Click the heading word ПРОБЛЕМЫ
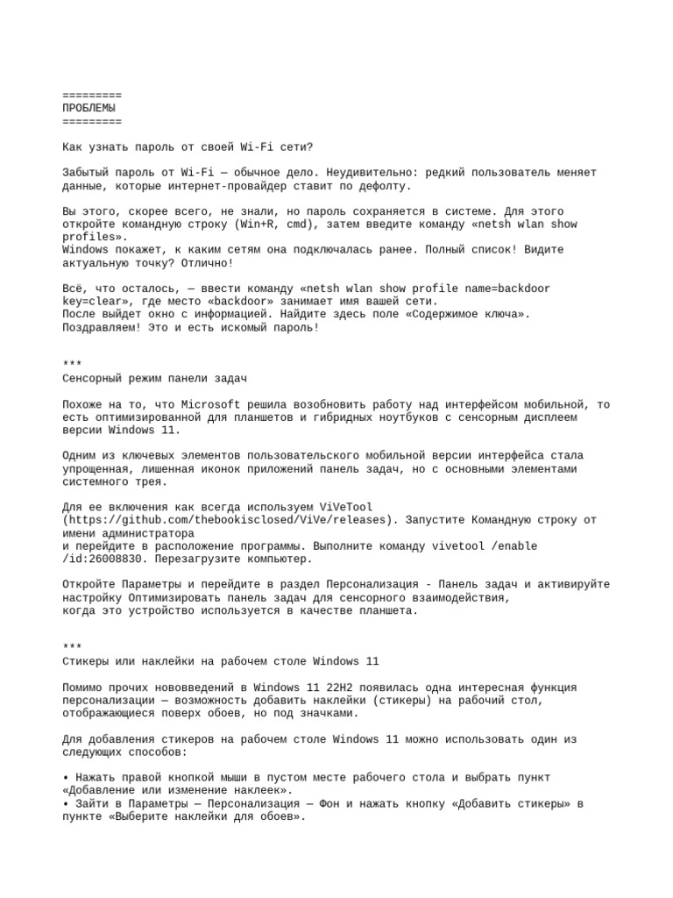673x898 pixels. (89, 108)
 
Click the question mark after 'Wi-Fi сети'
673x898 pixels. (309, 146)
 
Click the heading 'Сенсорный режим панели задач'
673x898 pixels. (154, 378)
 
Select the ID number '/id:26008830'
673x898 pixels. (103, 559)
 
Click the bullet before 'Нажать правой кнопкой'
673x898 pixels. (66, 778)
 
